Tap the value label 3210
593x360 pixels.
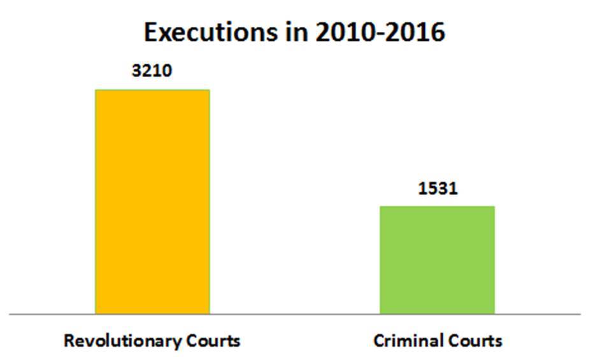coord(152,70)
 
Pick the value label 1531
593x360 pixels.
coord(438,189)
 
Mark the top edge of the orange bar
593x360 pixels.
coord(152,90)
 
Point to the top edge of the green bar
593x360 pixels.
coord(437,206)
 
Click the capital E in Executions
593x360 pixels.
coord(151,32)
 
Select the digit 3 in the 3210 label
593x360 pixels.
coord(136,70)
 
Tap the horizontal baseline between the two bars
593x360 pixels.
coord(294,314)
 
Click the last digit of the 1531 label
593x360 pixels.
coord(454,189)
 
